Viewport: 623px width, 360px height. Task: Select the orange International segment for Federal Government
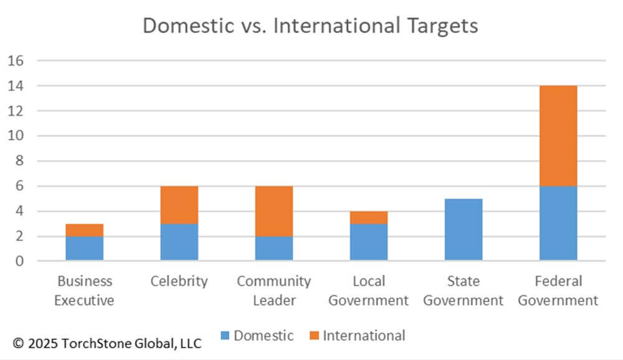[558, 136]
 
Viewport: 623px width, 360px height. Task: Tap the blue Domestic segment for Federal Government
[558, 223]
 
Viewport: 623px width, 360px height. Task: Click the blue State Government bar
[464, 229]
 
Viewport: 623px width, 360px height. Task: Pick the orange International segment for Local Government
[369, 217]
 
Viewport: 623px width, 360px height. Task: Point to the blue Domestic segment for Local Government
[369, 242]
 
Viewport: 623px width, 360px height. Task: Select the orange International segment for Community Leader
[274, 211]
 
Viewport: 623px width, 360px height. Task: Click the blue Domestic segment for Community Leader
[274, 248]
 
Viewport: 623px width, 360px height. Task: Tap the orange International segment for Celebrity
[179, 204]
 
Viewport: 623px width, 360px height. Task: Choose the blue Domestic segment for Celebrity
[179, 242]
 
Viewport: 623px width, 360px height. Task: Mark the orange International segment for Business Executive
[85, 229]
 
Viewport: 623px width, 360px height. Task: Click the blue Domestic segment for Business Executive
[85, 248]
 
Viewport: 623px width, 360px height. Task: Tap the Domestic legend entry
[257, 336]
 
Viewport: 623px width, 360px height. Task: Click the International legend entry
[356, 336]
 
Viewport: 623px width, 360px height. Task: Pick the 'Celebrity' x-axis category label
[179, 281]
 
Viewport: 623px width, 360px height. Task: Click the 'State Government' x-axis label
[464, 290]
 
